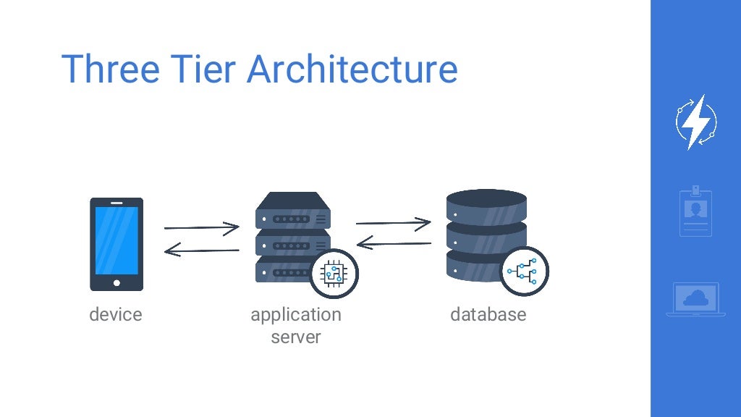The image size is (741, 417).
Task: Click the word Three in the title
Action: pyautogui.click(x=110, y=69)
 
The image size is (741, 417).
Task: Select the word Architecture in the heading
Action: pyautogui.click(x=352, y=69)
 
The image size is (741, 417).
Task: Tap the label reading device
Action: pyautogui.click(x=116, y=315)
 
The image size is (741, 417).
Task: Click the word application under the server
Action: pyautogui.click(x=295, y=315)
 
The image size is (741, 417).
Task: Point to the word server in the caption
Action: pyautogui.click(x=295, y=337)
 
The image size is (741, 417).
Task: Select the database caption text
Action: pyautogui.click(x=488, y=315)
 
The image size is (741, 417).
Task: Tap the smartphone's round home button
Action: pyautogui.click(x=117, y=282)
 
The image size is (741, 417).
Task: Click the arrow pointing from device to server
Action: pyautogui.click(x=201, y=228)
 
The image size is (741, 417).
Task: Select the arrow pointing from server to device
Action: pyautogui.click(x=201, y=251)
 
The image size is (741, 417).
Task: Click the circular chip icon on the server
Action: pyautogui.click(x=334, y=274)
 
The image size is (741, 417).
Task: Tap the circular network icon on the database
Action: pyautogui.click(x=525, y=271)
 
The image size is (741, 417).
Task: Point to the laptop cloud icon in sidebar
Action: pyautogui.click(x=695, y=298)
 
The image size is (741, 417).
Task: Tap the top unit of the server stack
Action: pyautogui.click(x=292, y=212)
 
